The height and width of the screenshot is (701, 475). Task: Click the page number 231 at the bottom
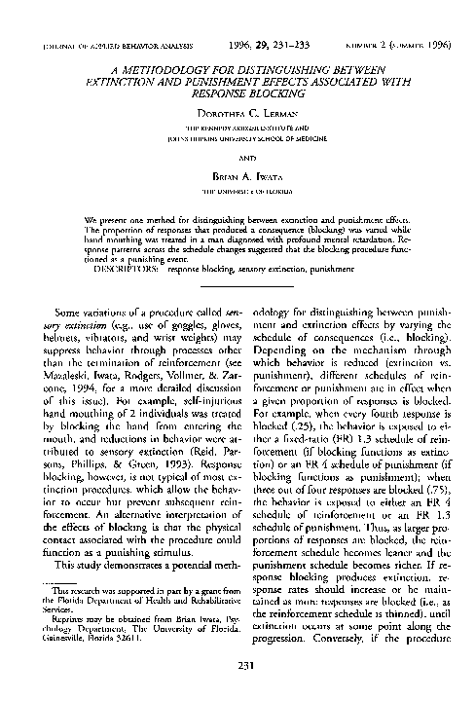point(237,664)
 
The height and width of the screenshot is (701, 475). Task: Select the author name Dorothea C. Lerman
point(237,112)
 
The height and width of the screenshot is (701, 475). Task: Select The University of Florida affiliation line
point(237,192)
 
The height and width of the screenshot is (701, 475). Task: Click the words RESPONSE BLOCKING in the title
point(237,95)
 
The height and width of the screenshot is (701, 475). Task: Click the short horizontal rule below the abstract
point(237,285)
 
